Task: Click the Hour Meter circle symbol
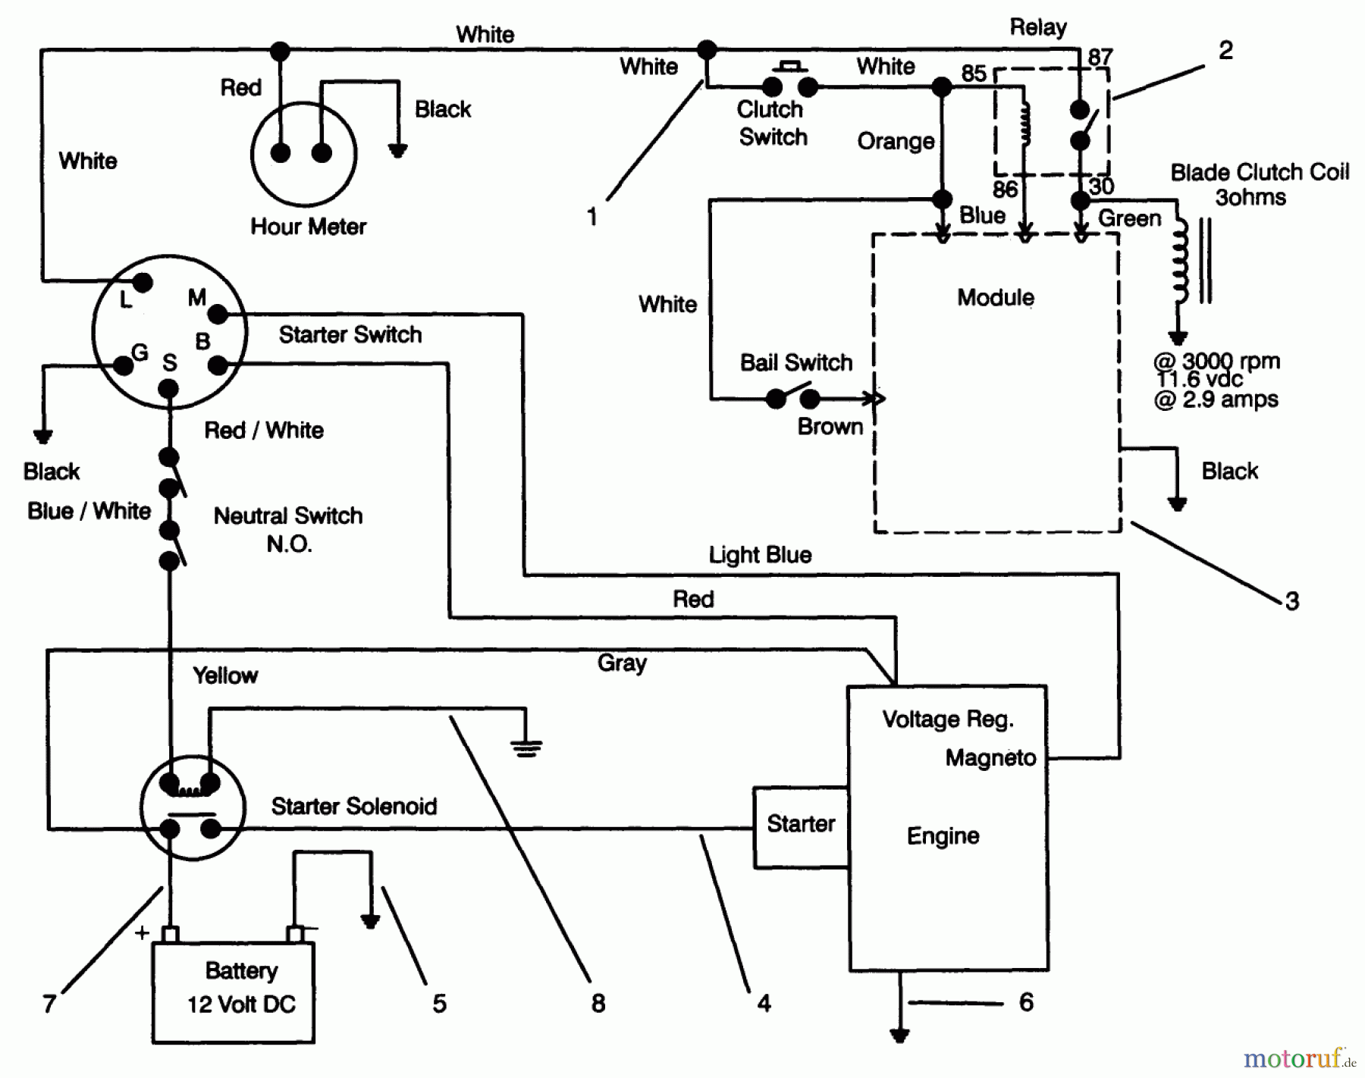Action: point(303,154)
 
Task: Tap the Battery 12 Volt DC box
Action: point(234,992)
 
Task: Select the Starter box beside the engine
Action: point(800,827)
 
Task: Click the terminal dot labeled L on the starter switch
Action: point(143,283)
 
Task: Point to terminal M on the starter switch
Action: point(217,313)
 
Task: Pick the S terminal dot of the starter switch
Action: point(168,390)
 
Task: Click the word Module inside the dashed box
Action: point(995,297)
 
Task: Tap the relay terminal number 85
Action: point(974,73)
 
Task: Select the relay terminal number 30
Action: point(1101,186)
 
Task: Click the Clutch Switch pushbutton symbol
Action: point(790,81)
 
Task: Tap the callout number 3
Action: point(1291,601)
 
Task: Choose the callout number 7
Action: point(49,1004)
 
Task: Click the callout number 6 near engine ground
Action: point(1026,1002)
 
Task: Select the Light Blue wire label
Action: point(760,555)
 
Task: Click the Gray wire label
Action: point(622,663)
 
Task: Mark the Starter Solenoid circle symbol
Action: point(193,807)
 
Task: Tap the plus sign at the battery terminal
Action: point(142,932)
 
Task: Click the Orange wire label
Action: point(896,142)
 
